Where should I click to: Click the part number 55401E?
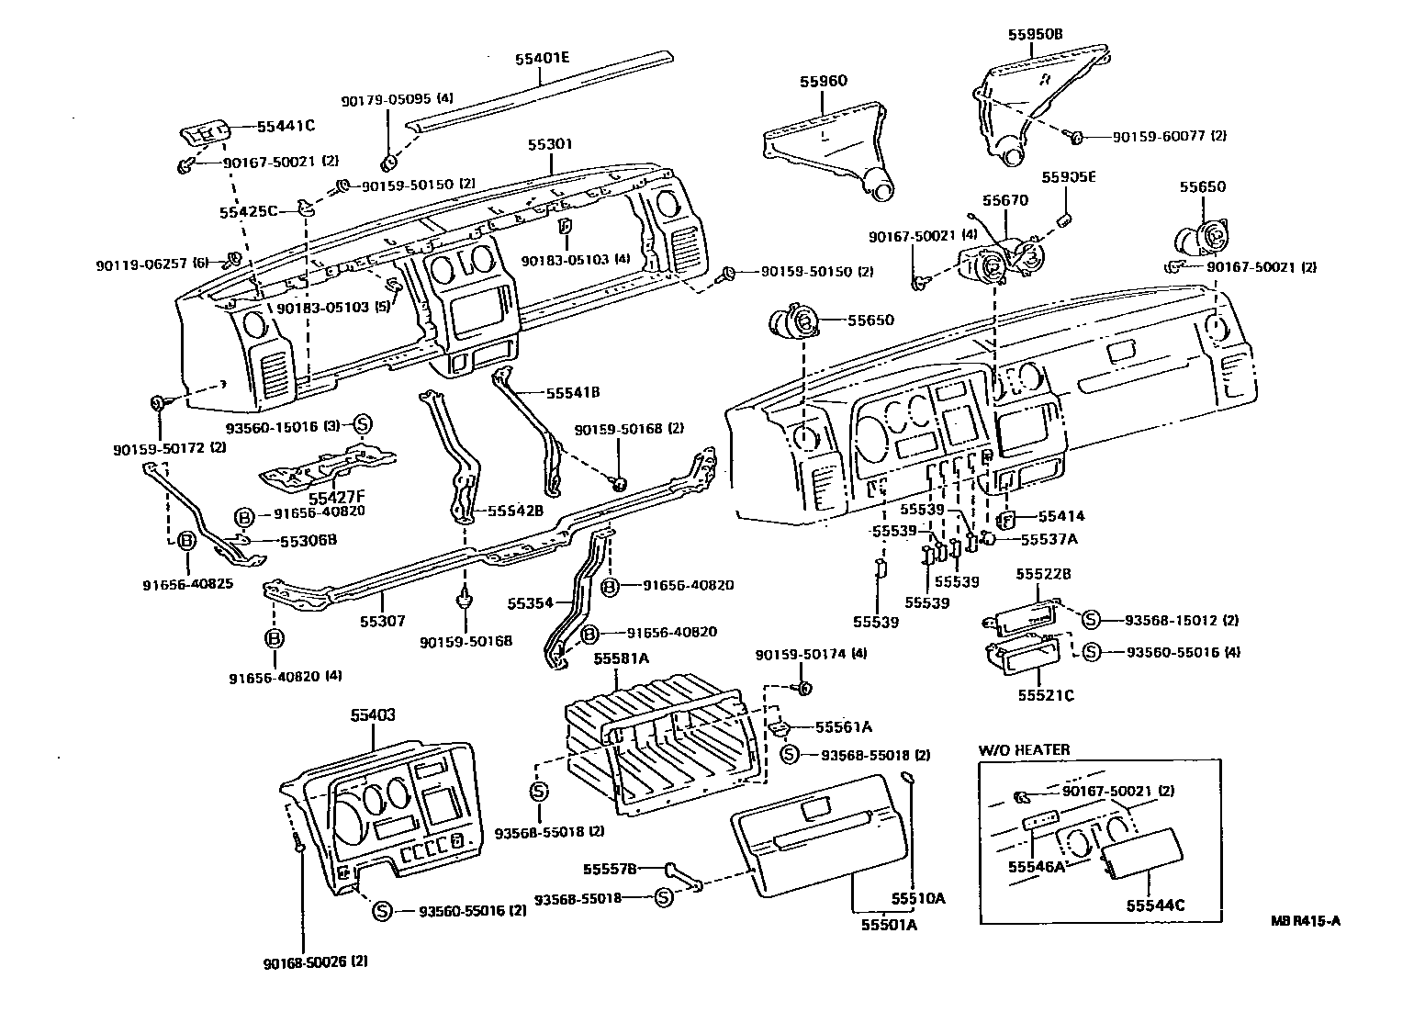(542, 59)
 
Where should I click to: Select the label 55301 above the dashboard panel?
(550, 144)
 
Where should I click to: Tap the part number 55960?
(824, 81)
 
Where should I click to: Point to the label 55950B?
(1035, 34)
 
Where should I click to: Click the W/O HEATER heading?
(1024, 750)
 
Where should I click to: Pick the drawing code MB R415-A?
(1306, 920)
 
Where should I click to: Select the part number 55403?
(373, 715)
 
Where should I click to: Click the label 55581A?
(621, 658)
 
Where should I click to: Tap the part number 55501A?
(890, 925)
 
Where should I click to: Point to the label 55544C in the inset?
(1155, 905)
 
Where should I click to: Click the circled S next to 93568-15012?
(1091, 620)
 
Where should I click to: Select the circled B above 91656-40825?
(185, 541)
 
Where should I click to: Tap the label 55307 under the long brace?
(382, 622)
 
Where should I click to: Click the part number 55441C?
(286, 126)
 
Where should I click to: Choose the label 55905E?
(1069, 177)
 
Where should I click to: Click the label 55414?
(1061, 516)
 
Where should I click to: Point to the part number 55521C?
(1046, 695)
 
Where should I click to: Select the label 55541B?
(573, 393)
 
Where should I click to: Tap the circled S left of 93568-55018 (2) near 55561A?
(789, 754)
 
